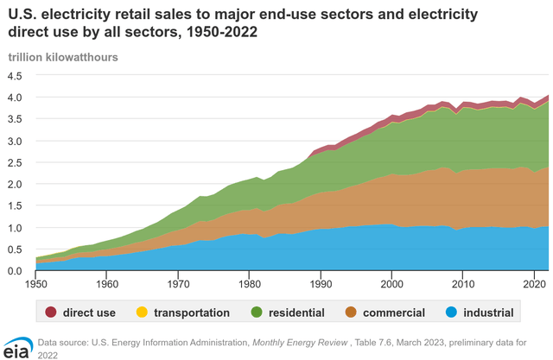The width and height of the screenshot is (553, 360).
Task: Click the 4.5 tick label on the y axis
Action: tap(16, 75)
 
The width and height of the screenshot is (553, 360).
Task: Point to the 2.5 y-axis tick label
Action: tap(16, 162)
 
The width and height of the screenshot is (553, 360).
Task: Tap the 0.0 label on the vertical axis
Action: tap(16, 271)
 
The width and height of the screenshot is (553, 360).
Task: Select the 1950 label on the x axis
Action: tap(36, 283)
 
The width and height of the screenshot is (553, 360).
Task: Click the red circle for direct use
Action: tap(52, 313)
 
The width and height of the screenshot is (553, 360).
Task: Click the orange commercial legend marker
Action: tap(378, 313)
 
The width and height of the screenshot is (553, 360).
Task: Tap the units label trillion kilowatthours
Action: tap(63, 57)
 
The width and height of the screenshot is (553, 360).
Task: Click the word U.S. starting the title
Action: tap(23, 13)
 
